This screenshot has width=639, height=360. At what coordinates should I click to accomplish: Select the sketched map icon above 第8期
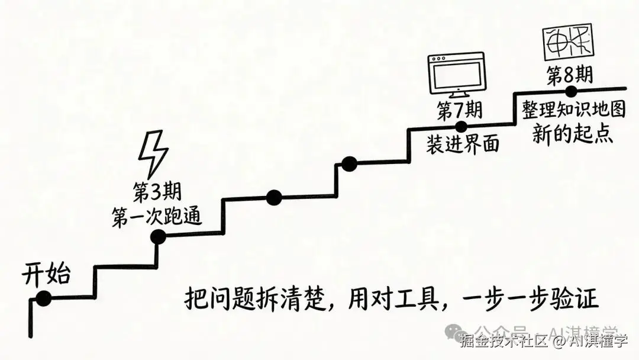[x=567, y=43]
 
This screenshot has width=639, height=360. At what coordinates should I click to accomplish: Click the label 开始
[x=46, y=275]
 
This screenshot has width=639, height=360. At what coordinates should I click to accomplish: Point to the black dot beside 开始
[x=43, y=299]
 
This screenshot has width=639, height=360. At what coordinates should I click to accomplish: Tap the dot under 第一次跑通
[x=158, y=237]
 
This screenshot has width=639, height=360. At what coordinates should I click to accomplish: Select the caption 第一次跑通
[x=157, y=217]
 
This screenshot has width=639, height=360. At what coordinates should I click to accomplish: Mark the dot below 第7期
[x=461, y=126]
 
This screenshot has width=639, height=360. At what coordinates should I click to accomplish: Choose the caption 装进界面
[x=462, y=143]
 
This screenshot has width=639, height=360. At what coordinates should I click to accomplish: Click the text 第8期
[x=569, y=76]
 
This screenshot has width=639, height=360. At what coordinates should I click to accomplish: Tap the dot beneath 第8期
[x=570, y=91]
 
